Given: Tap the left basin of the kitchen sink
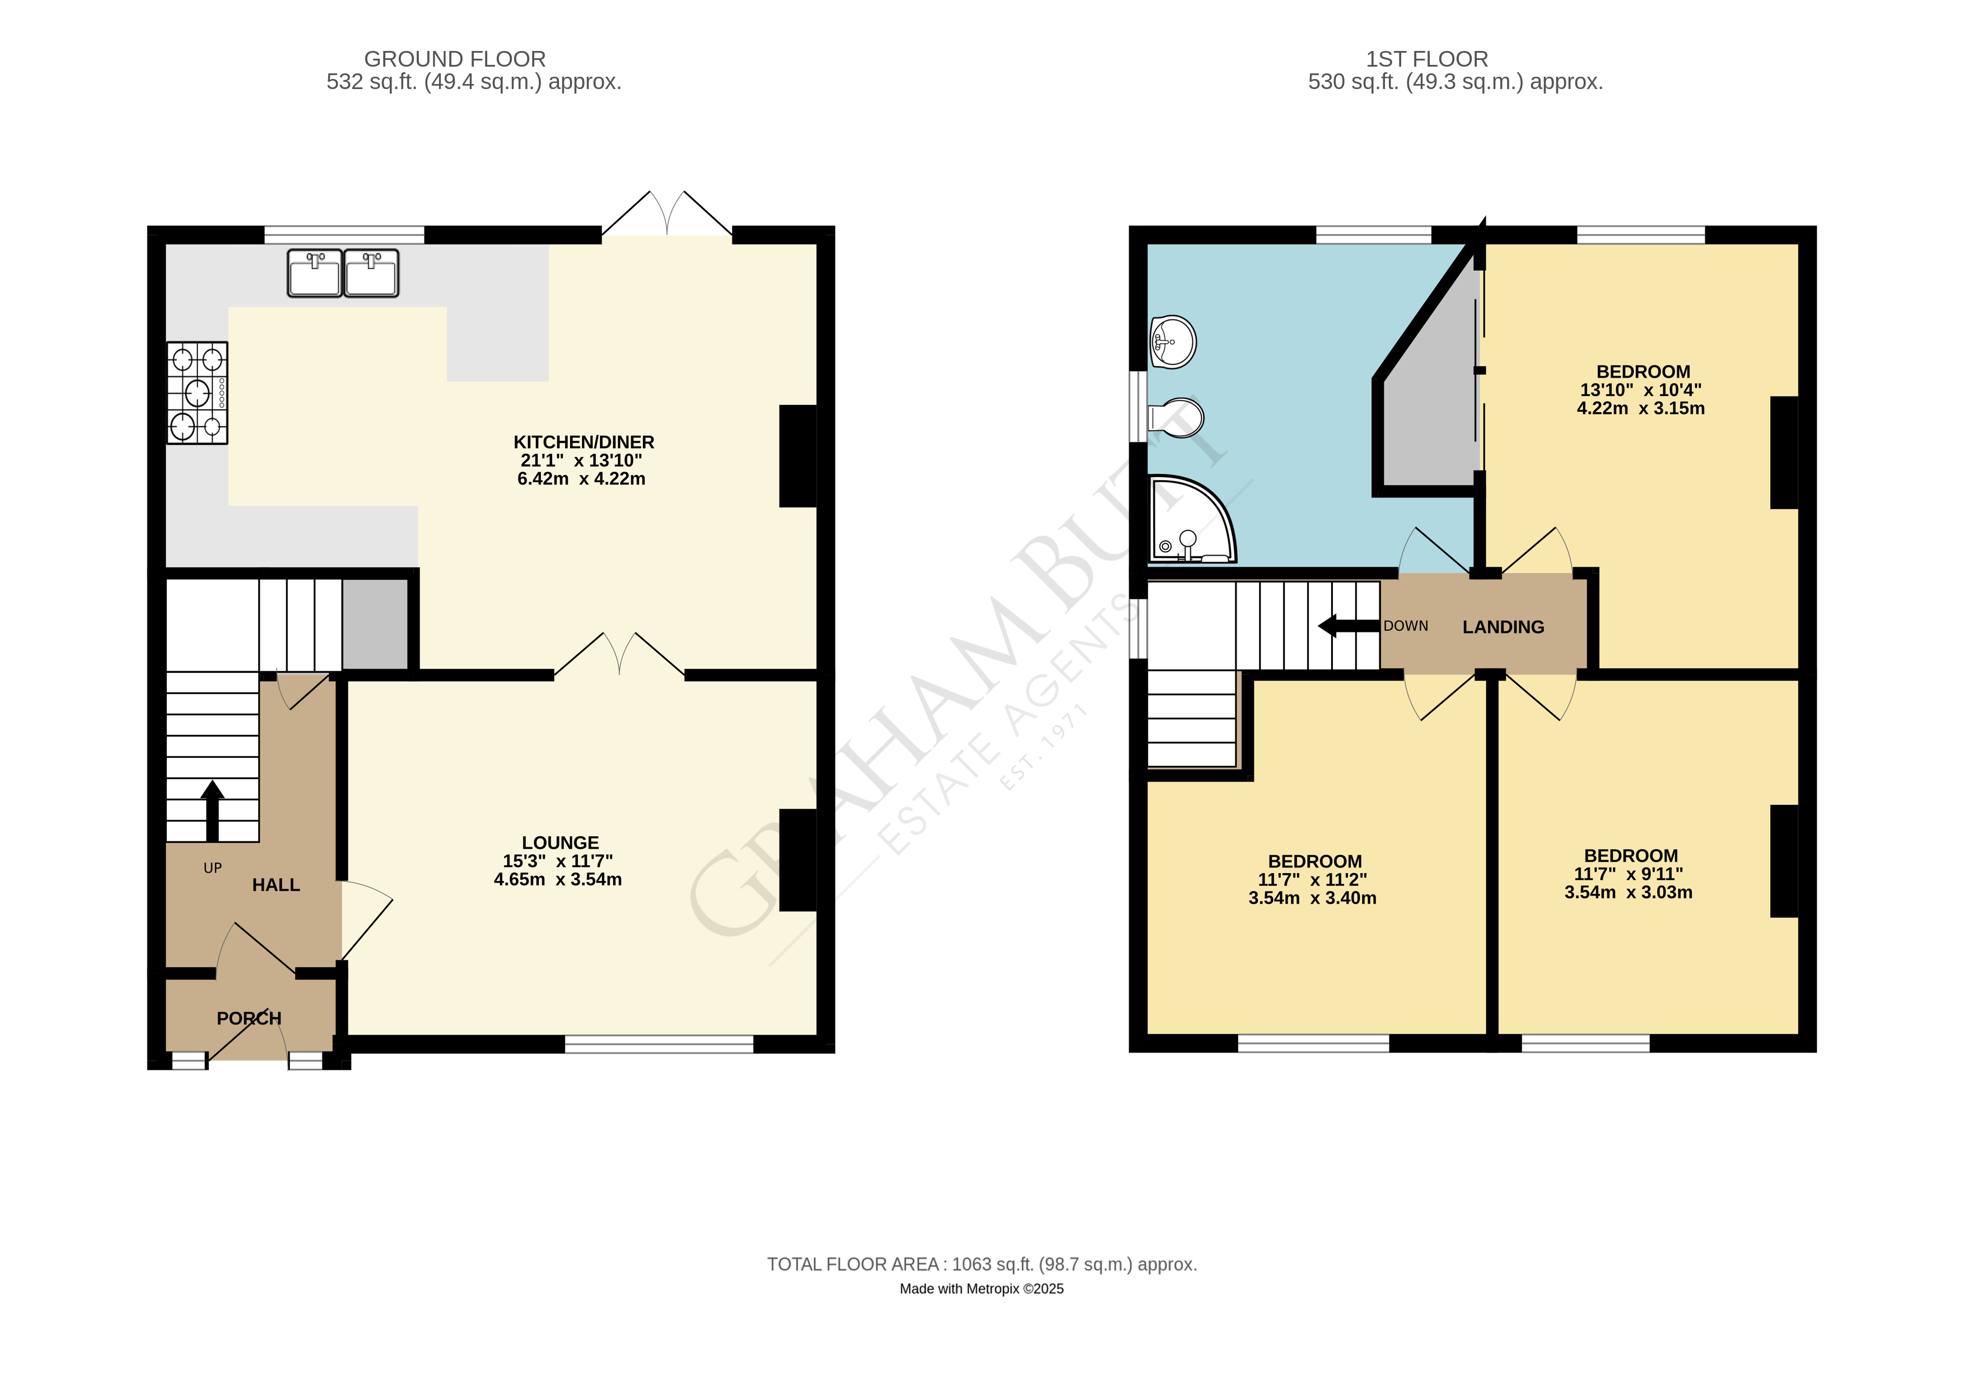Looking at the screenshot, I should [x=314, y=274].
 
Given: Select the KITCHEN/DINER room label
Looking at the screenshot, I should [x=584, y=443].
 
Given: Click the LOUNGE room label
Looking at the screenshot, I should [x=560, y=842].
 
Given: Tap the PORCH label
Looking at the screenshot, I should [x=249, y=1018].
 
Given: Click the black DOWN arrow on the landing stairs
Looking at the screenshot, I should [x=1348, y=626].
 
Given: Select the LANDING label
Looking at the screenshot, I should [x=1503, y=627].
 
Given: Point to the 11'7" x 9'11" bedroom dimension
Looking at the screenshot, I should [x=1628, y=874].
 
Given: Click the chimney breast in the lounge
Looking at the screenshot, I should [x=797, y=860].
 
